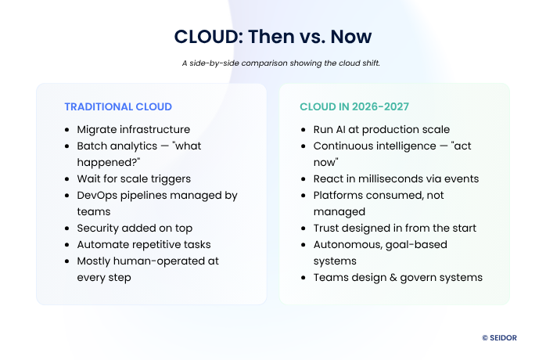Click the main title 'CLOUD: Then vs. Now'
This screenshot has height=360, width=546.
(273, 36)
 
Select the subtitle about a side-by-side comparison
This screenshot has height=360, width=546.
(273, 63)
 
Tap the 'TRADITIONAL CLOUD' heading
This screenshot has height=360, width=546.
(118, 106)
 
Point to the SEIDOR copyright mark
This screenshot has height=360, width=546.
(505, 338)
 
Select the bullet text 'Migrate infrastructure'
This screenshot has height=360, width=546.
(133, 129)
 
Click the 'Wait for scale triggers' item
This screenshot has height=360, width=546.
(133, 178)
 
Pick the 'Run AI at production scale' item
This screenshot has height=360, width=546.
(382, 129)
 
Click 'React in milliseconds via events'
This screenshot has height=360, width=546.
(396, 178)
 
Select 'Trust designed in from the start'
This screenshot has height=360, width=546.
(393, 228)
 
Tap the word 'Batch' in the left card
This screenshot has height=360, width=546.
(91, 146)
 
